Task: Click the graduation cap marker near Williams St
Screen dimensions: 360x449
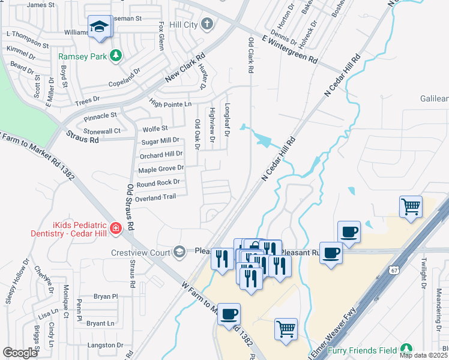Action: (x=100, y=27)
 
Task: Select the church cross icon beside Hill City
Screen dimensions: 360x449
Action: (x=207, y=24)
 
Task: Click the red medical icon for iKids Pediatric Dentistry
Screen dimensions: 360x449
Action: (x=115, y=228)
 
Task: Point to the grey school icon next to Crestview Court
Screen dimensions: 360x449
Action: (x=178, y=251)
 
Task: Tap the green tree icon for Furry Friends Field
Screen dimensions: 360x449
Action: (x=407, y=349)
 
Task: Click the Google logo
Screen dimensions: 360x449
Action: (x=20, y=353)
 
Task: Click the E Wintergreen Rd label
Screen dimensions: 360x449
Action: (x=289, y=50)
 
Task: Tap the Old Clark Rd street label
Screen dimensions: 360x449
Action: (x=251, y=55)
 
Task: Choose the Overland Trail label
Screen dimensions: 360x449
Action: (x=155, y=196)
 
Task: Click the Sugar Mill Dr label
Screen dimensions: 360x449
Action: (x=160, y=141)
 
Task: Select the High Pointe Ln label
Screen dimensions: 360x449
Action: (x=170, y=105)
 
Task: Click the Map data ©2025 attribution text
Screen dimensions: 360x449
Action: (x=423, y=355)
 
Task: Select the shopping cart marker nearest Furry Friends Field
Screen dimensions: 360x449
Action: (x=286, y=328)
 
